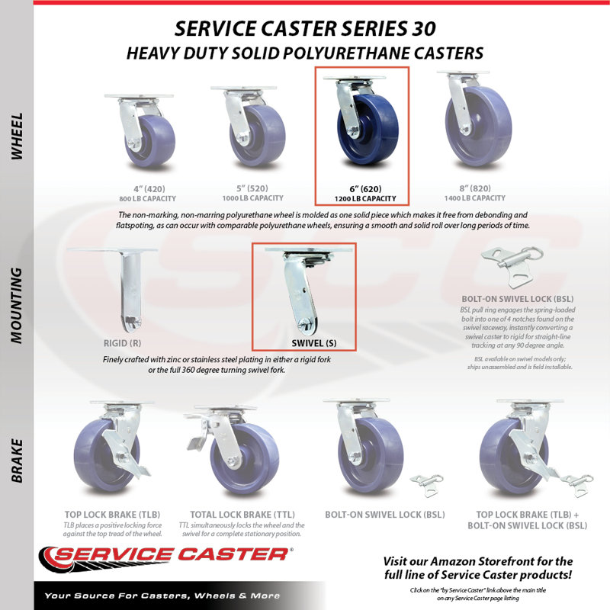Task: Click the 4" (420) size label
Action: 149,189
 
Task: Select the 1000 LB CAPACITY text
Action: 253,198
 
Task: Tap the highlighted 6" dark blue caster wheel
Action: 368,130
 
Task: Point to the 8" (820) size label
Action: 475,188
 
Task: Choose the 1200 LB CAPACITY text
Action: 365,199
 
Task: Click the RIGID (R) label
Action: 122,343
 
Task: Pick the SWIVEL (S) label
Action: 314,343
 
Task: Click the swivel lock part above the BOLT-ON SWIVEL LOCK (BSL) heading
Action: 512,267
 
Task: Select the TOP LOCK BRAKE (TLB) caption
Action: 112,514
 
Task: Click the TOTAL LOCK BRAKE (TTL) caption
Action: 242,514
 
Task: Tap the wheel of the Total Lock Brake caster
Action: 244,458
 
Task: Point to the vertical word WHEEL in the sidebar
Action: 17,136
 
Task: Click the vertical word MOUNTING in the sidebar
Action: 16,306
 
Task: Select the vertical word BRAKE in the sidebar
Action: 17,461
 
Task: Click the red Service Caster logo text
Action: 171,554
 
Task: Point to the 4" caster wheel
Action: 150,140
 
